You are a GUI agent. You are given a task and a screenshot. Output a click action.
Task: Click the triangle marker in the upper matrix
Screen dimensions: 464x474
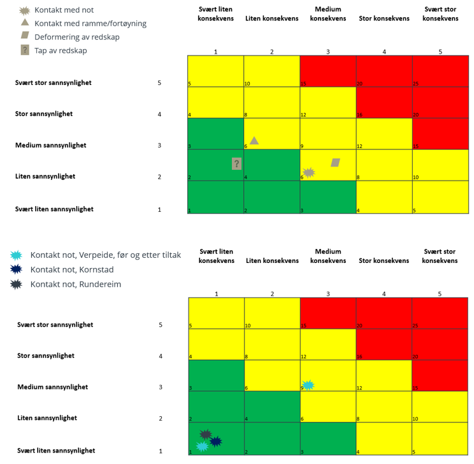tap(254, 140)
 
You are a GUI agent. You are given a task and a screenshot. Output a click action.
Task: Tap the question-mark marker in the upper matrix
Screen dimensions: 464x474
tap(237, 164)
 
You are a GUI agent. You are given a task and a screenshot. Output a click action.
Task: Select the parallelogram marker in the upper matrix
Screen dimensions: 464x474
tap(336, 163)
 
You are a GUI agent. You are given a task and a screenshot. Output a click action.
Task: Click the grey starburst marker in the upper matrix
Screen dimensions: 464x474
tap(309, 172)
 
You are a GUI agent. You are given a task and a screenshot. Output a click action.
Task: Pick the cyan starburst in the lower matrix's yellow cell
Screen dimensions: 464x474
tap(308, 385)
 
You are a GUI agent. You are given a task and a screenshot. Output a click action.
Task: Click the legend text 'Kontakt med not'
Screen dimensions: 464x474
tap(64, 10)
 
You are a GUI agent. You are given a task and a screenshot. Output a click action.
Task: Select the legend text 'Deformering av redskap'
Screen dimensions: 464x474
tap(77, 37)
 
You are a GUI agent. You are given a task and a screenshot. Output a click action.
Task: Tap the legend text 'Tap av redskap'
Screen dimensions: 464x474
tap(61, 50)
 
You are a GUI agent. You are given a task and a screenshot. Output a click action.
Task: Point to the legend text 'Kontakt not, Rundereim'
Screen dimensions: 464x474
tap(80, 284)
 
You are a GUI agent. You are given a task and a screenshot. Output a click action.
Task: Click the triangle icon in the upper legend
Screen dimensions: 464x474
tap(24, 23)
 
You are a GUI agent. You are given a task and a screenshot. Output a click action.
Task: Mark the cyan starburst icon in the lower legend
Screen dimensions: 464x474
tap(17, 255)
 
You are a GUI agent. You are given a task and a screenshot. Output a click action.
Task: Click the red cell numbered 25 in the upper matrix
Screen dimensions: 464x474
tap(440, 71)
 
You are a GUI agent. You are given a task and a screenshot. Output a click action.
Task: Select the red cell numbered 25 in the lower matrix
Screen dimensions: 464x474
tap(440, 313)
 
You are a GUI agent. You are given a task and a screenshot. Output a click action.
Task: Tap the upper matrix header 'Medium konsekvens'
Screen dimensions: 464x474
tap(328, 14)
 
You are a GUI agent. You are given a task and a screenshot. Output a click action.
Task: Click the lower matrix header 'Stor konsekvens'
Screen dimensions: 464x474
tap(384, 260)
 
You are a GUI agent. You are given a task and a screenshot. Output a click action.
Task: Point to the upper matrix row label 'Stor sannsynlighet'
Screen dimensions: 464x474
tap(44, 114)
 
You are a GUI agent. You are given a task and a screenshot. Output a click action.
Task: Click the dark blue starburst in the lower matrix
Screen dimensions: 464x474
tap(216, 441)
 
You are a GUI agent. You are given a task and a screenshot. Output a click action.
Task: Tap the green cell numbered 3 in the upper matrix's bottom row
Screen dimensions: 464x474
tap(328, 197)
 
